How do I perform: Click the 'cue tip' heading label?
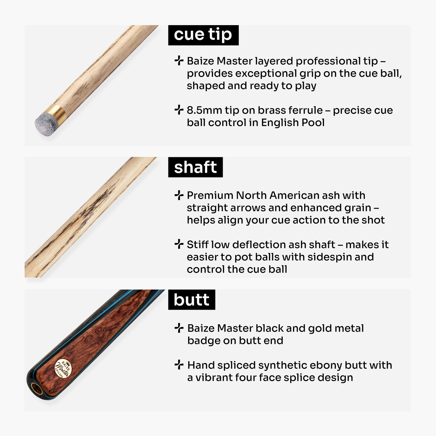(203, 35)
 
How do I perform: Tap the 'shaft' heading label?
(195, 167)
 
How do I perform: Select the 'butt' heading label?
(191, 300)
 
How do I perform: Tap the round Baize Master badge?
(63, 369)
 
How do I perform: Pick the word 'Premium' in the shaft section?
(210, 195)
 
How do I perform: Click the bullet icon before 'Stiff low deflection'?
(178, 244)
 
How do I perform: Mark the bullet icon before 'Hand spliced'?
(178, 365)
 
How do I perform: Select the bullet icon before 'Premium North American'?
(178, 195)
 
